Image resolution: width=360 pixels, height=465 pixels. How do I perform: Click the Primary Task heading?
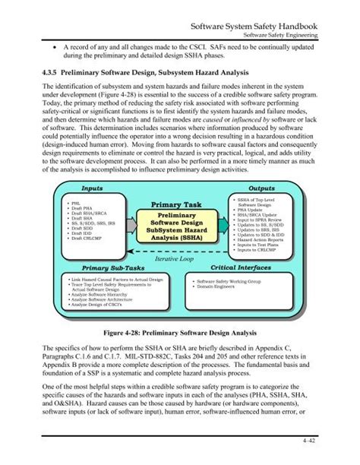(177, 204)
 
